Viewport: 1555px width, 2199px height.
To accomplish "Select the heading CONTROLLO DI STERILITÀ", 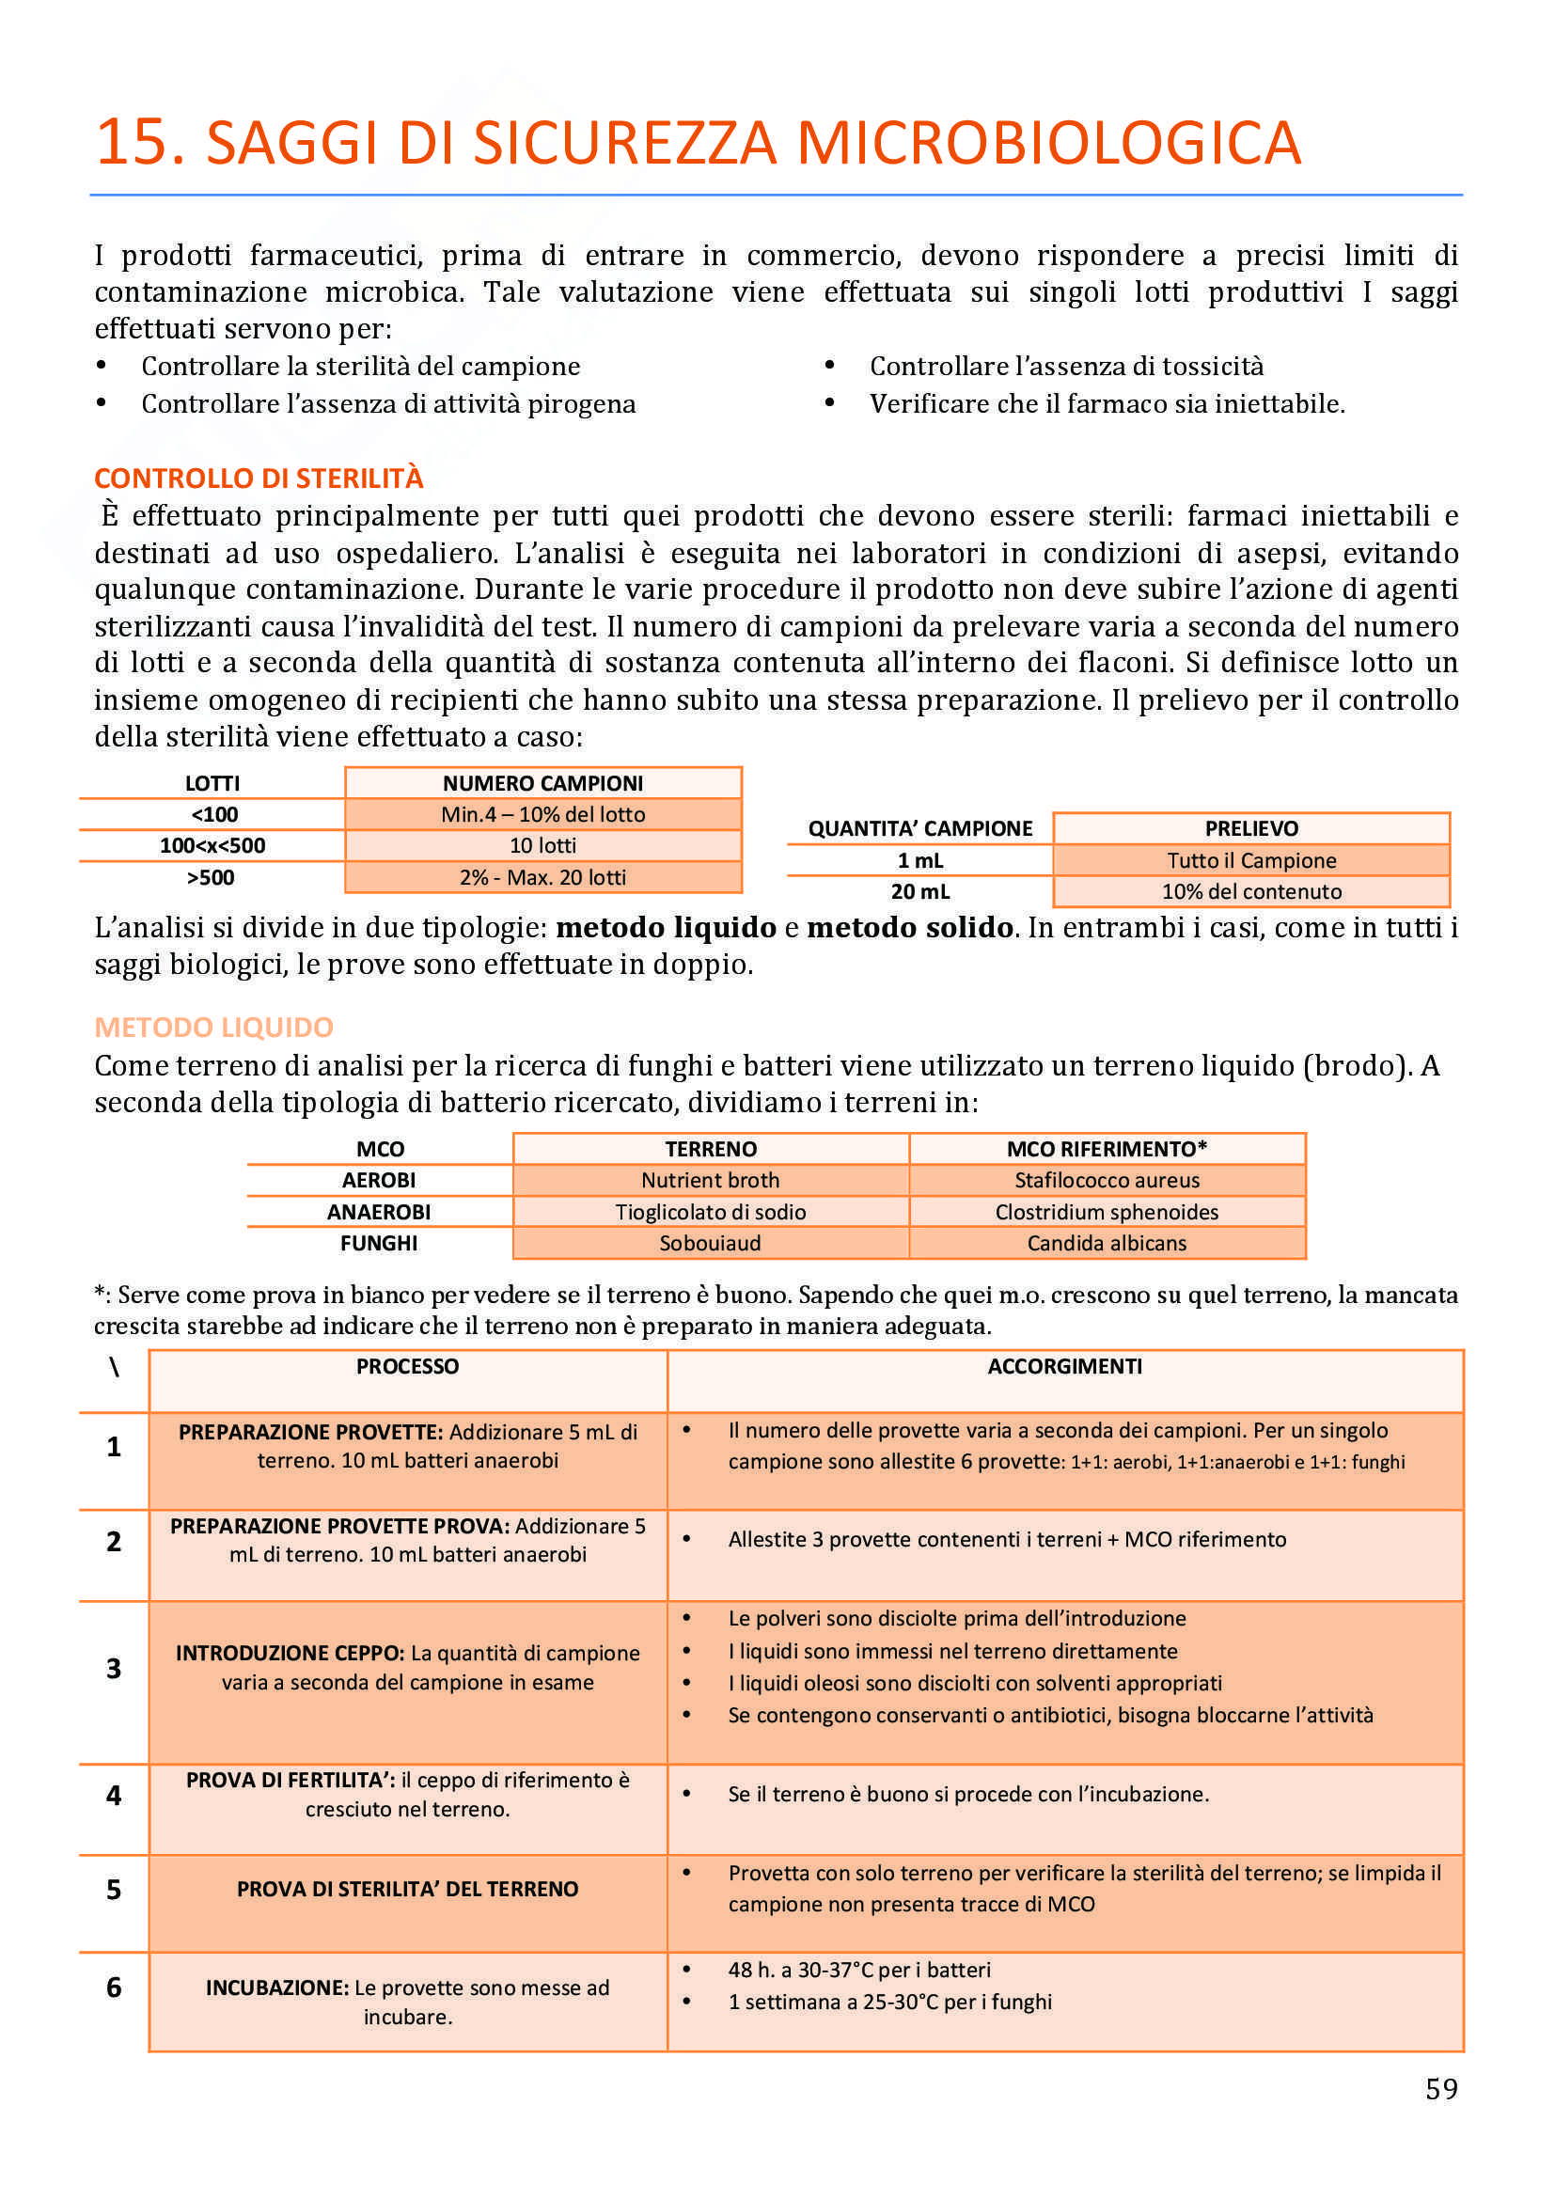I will pyautogui.click(x=259, y=478).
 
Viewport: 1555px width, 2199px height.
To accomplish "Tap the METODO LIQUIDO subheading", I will pyautogui.click(x=213, y=1027).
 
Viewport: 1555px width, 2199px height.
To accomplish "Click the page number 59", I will pyautogui.click(x=1441, y=2089).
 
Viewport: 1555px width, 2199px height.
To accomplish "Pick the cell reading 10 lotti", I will pyautogui.click(x=542, y=846).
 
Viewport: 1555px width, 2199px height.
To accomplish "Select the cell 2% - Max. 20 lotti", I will pyautogui.click(x=542, y=877).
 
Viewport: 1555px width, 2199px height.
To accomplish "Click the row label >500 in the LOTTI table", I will pyautogui.click(x=212, y=877).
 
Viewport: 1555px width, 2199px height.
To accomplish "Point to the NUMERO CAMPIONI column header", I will pyautogui.click(x=542, y=783).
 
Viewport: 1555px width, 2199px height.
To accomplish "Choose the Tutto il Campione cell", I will pyautogui.click(x=1251, y=860).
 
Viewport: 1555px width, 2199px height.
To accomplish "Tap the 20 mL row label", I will pyautogui.click(x=920, y=891).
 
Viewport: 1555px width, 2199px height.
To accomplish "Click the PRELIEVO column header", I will pyautogui.click(x=1251, y=828).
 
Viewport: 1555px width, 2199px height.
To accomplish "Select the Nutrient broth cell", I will pyautogui.click(x=711, y=1180).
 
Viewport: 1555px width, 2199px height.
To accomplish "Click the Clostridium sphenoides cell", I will pyautogui.click(x=1107, y=1212).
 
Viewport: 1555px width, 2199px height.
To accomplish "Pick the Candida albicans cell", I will pyautogui.click(x=1107, y=1243).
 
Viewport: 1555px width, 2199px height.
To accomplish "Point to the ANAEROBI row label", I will pyautogui.click(x=379, y=1212).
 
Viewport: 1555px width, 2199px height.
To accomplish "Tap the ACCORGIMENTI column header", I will pyautogui.click(x=1065, y=1367).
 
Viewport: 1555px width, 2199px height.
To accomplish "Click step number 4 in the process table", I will pyautogui.click(x=114, y=1796).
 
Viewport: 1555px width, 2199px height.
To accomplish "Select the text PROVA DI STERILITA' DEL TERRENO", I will pyautogui.click(x=408, y=1890).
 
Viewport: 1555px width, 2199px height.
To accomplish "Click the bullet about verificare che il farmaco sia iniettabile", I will pyautogui.click(x=1107, y=404).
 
